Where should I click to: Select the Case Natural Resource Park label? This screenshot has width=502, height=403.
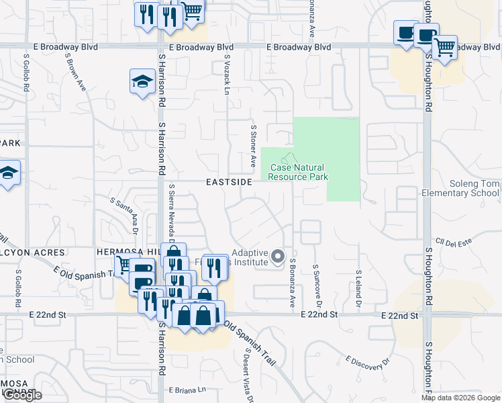tap(298, 172)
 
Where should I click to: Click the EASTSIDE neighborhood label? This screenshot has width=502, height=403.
tap(229, 181)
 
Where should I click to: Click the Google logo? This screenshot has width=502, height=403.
tap(22, 395)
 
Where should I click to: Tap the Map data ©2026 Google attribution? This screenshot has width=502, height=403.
tap(460, 398)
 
